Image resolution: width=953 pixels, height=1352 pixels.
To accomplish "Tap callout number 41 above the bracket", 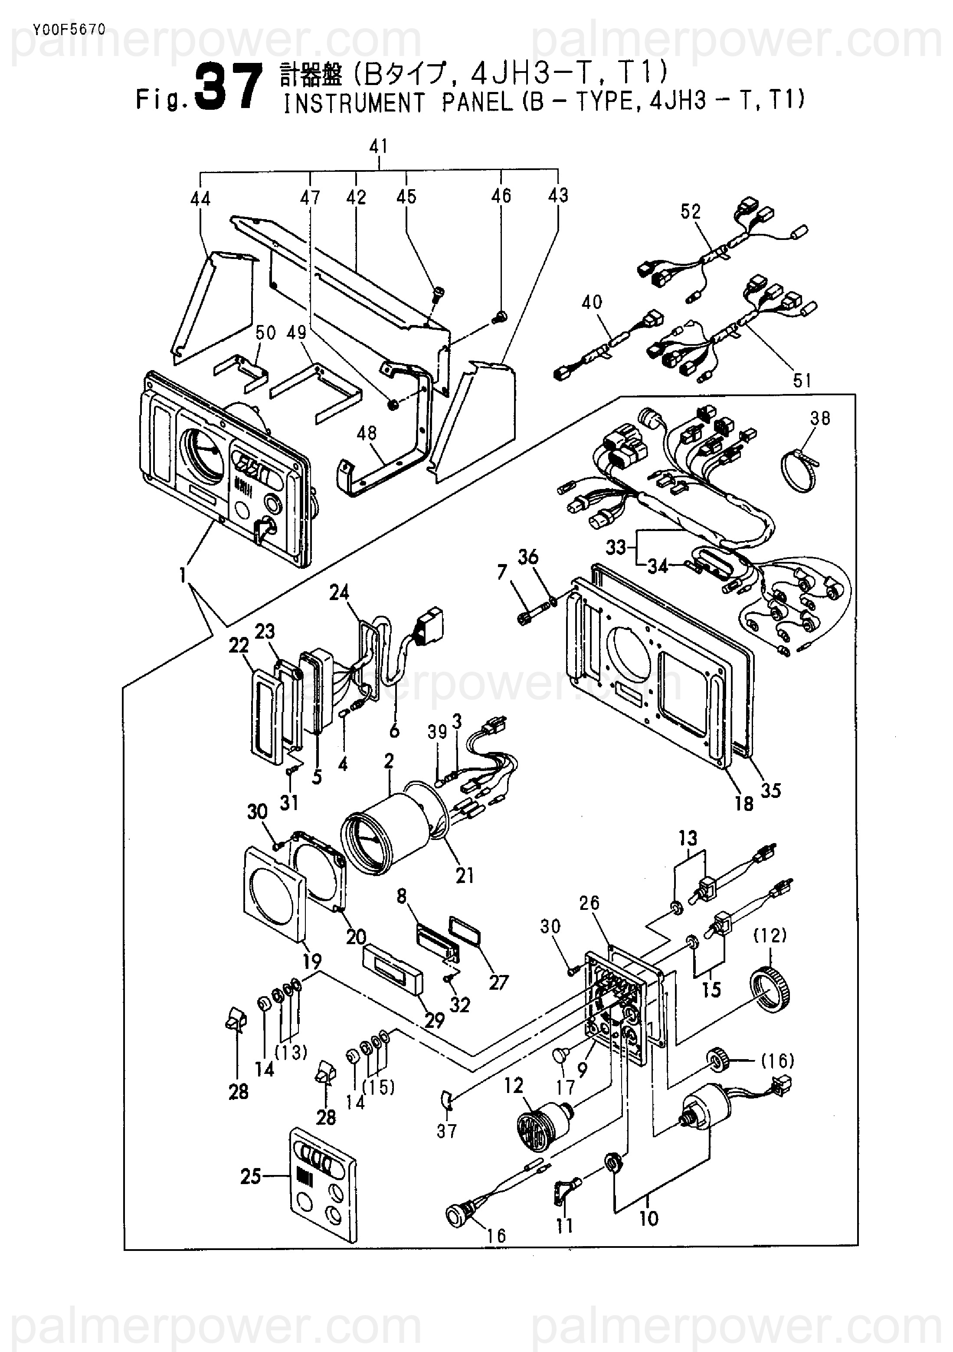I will [x=379, y=147].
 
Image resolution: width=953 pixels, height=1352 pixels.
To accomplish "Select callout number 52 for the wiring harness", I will [x=691, y=212].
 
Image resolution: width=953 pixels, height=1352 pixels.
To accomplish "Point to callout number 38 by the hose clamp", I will [x=820, y=418].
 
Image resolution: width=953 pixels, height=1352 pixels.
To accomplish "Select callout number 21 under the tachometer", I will [x=465, y=876].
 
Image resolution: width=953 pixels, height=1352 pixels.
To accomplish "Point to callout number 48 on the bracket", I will [x=366, y=433].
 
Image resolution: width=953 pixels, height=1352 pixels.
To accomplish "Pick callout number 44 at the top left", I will [x=201, y=198].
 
